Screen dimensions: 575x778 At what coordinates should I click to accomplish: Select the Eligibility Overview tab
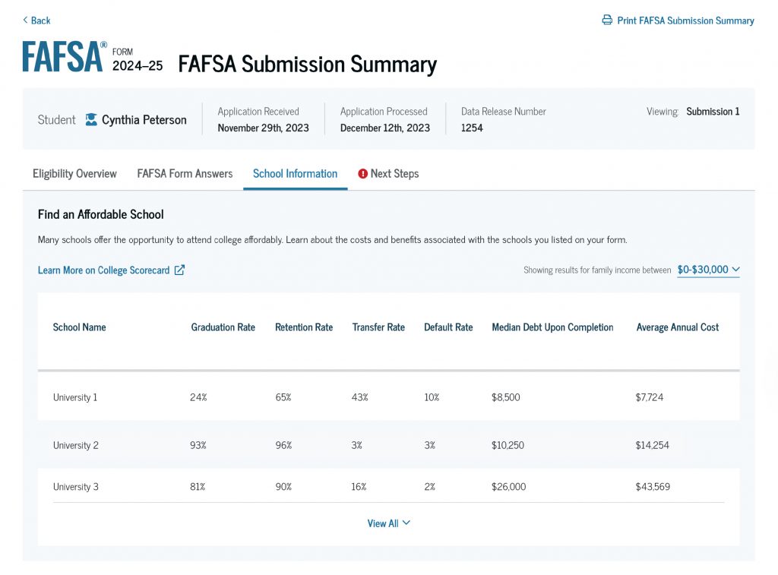[x=74, y=174]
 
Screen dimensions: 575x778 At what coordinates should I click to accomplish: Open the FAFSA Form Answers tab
[x=185, y=174]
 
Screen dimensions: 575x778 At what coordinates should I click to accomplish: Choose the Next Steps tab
[x=394, y=174]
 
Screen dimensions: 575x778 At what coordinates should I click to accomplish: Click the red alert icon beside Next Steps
[x=363, y=174]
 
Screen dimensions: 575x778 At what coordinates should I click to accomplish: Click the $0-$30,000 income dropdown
[x=708, y=270]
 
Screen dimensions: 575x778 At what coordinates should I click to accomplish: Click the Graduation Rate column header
[x=223, y=327]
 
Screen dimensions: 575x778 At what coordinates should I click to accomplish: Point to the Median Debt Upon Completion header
[x=552, y=327]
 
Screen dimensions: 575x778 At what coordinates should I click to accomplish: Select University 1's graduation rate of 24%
[x=198, y=397]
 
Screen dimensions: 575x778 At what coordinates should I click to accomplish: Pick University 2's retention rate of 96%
[x=283, y=445]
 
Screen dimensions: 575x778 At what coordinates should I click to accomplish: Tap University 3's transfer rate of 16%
[x=359, y=487]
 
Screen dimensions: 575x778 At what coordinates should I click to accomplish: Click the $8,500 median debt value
[x=506, y=397]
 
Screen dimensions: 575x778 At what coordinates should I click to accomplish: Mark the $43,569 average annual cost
[x=653, y=487]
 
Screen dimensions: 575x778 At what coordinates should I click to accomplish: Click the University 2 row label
[x=76, y=445]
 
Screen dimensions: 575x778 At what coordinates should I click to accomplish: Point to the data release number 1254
[x=472, y=128]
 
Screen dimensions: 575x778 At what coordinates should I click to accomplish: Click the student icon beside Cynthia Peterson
[x=91, y=120]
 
